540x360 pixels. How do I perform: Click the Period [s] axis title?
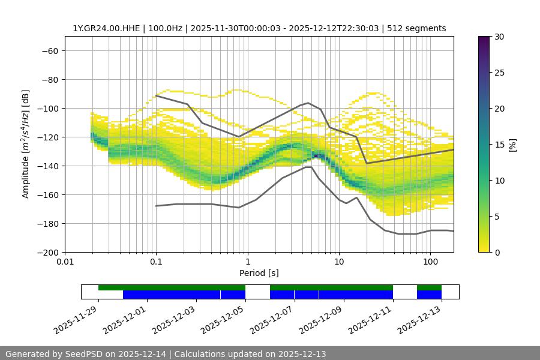click(x=259, y=273)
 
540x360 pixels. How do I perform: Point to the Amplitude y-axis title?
click(x=26, y=144)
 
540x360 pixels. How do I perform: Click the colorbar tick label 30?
click(x=499, y=37)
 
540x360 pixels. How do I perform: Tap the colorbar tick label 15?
click(x=499, y=145)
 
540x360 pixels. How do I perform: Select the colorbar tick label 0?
click(x=496, y=253)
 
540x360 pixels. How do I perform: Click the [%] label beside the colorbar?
click(x=512, y=145)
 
